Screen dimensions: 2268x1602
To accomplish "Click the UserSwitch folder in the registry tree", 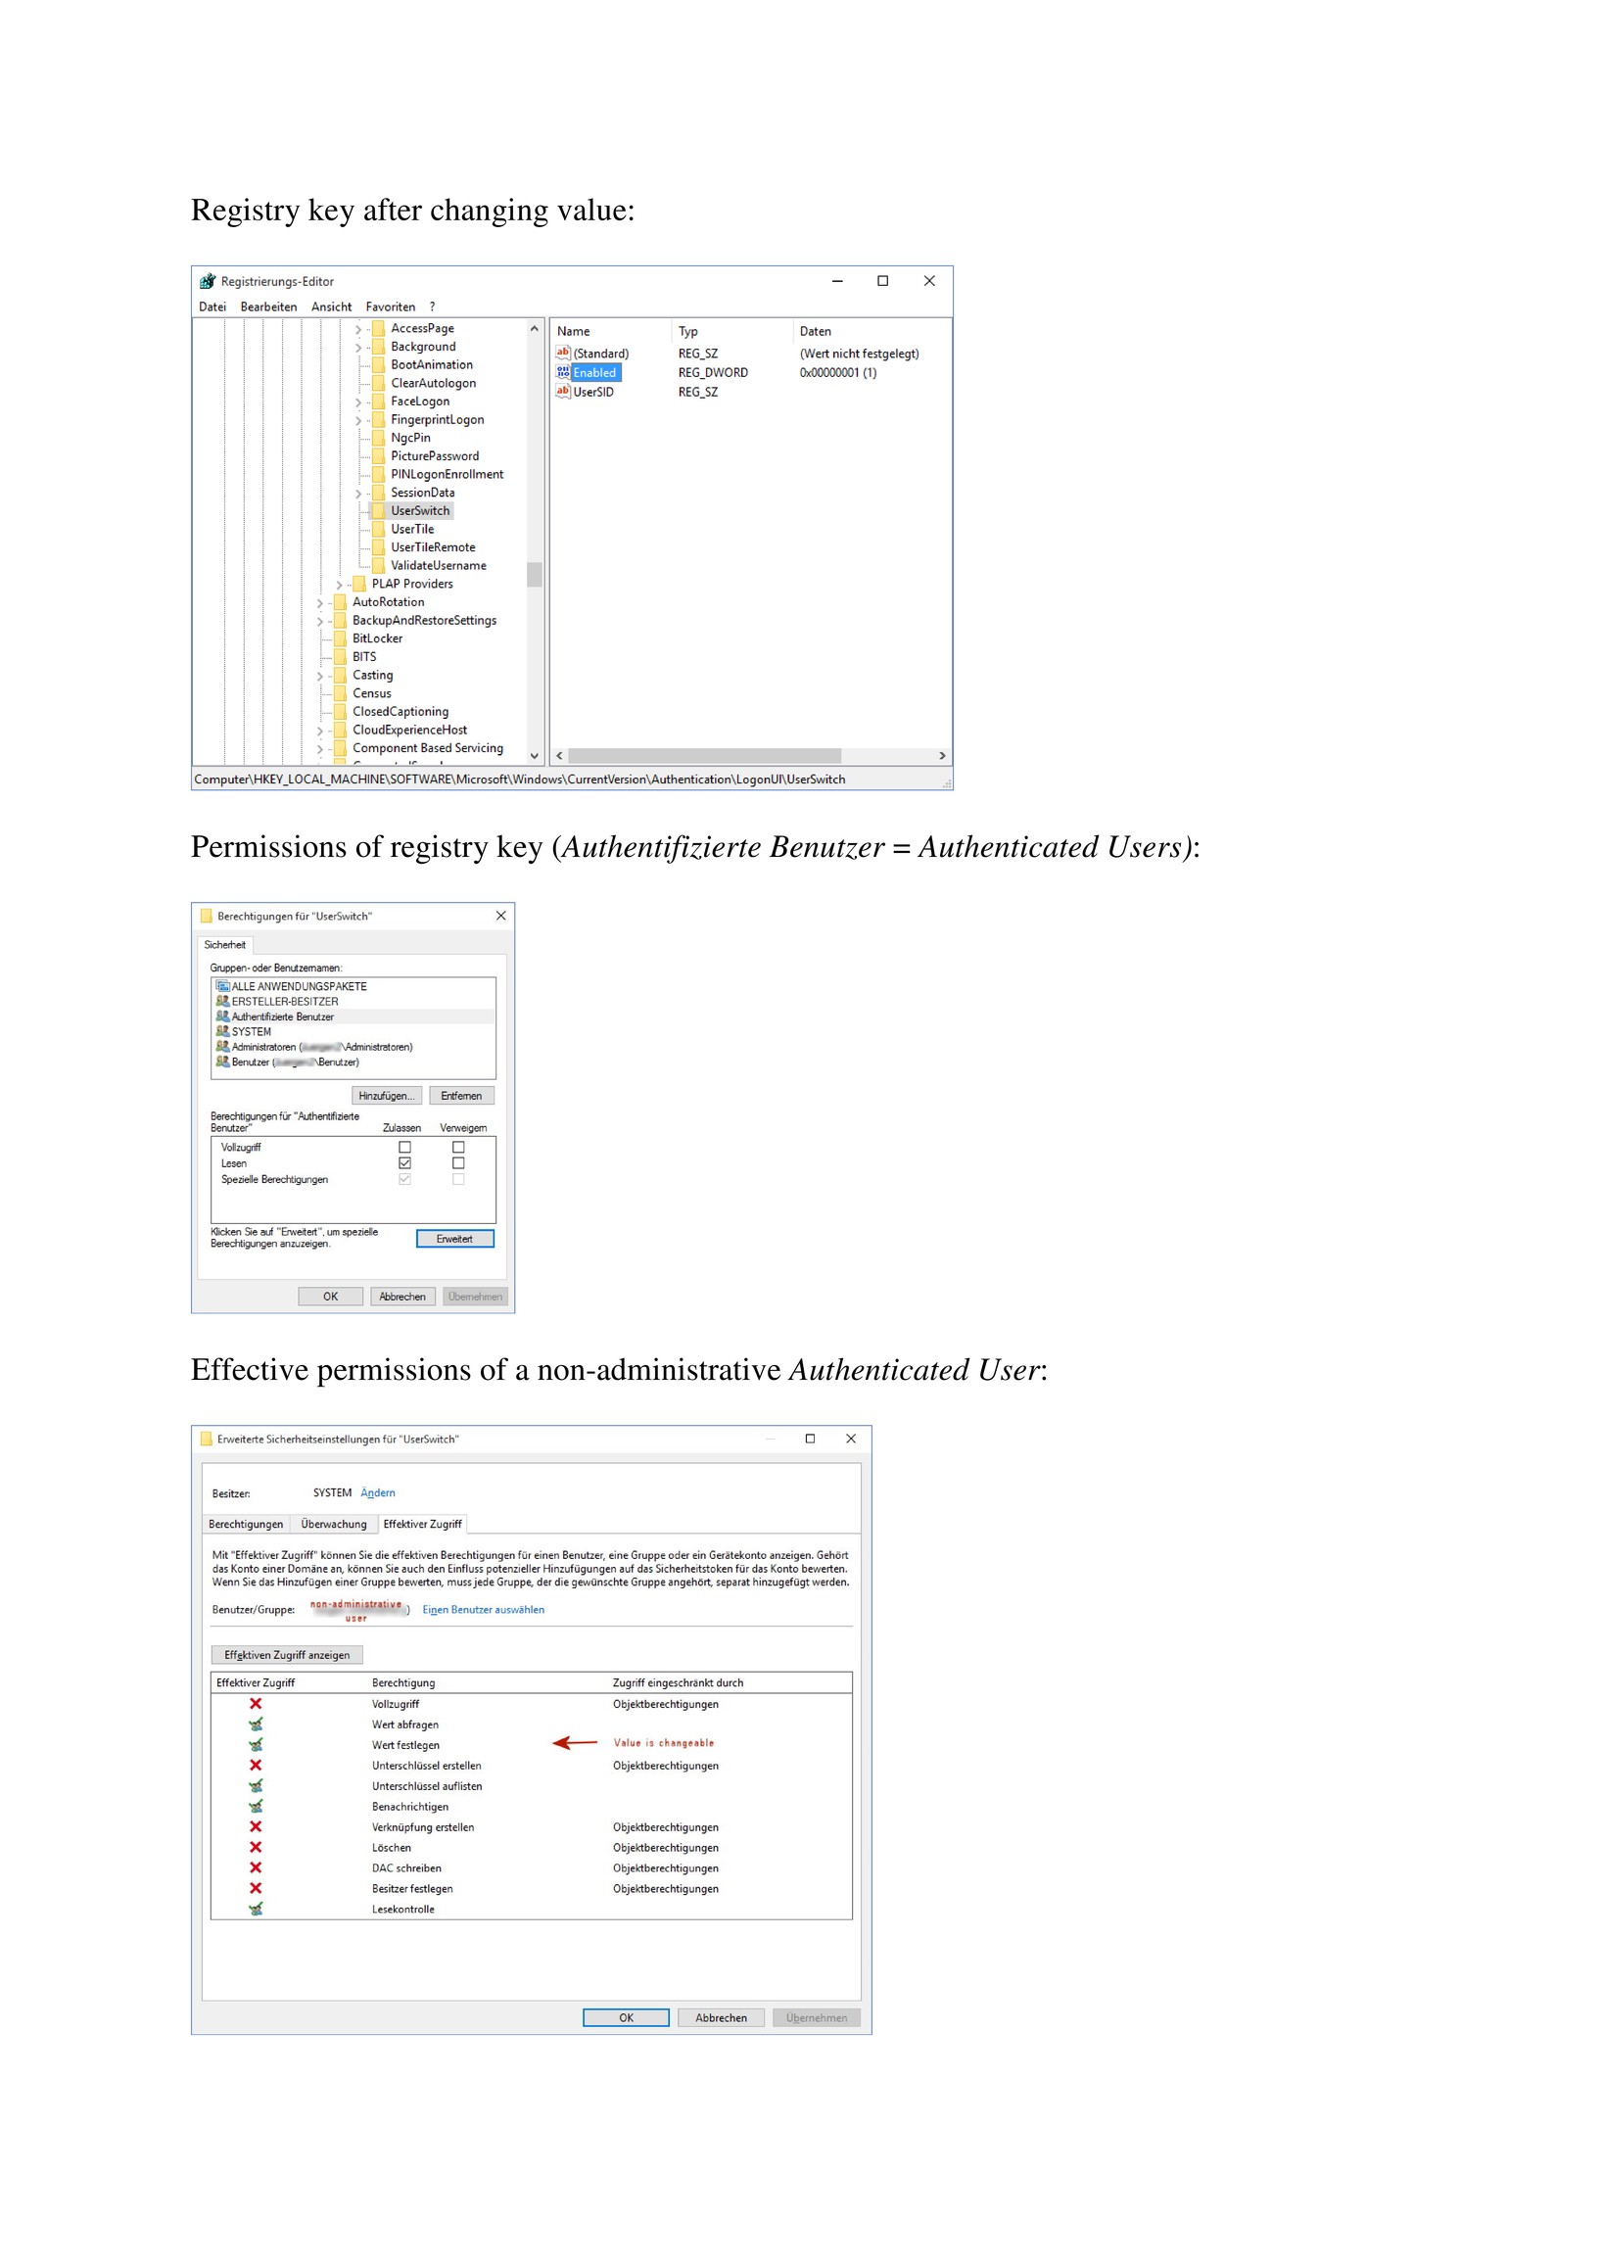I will pos(420,511).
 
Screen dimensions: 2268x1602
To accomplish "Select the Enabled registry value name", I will pos(593,372).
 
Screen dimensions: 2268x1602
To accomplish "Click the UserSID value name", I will pos(592,392).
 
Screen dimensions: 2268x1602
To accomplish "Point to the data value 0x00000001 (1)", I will pos(837,372).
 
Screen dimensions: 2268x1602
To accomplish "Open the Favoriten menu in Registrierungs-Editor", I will pos(390,307).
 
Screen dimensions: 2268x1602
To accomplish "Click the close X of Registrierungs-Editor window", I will pos(928,281).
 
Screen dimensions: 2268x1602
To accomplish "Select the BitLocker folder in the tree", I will pos(377,638).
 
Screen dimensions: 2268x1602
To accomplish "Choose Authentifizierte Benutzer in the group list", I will pos(282,1016).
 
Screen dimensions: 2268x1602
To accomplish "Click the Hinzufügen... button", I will pos(386,1096).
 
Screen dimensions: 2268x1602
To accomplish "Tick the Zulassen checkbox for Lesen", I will pos(405,1163).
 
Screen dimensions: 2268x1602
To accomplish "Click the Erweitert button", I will pos(454,1239).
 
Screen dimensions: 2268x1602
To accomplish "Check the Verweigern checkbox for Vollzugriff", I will pos(458,1147).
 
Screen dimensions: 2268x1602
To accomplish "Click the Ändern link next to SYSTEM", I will pos(377,1492).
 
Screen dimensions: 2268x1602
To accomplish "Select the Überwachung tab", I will pos(333,1524).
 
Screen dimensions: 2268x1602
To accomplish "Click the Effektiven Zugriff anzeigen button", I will pos(287,1655).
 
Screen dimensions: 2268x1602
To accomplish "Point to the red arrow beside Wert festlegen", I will pos(574,1742).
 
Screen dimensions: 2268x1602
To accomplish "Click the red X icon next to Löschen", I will pos(256,1847).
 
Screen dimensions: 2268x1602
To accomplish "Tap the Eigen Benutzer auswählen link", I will pos(483,1609).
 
